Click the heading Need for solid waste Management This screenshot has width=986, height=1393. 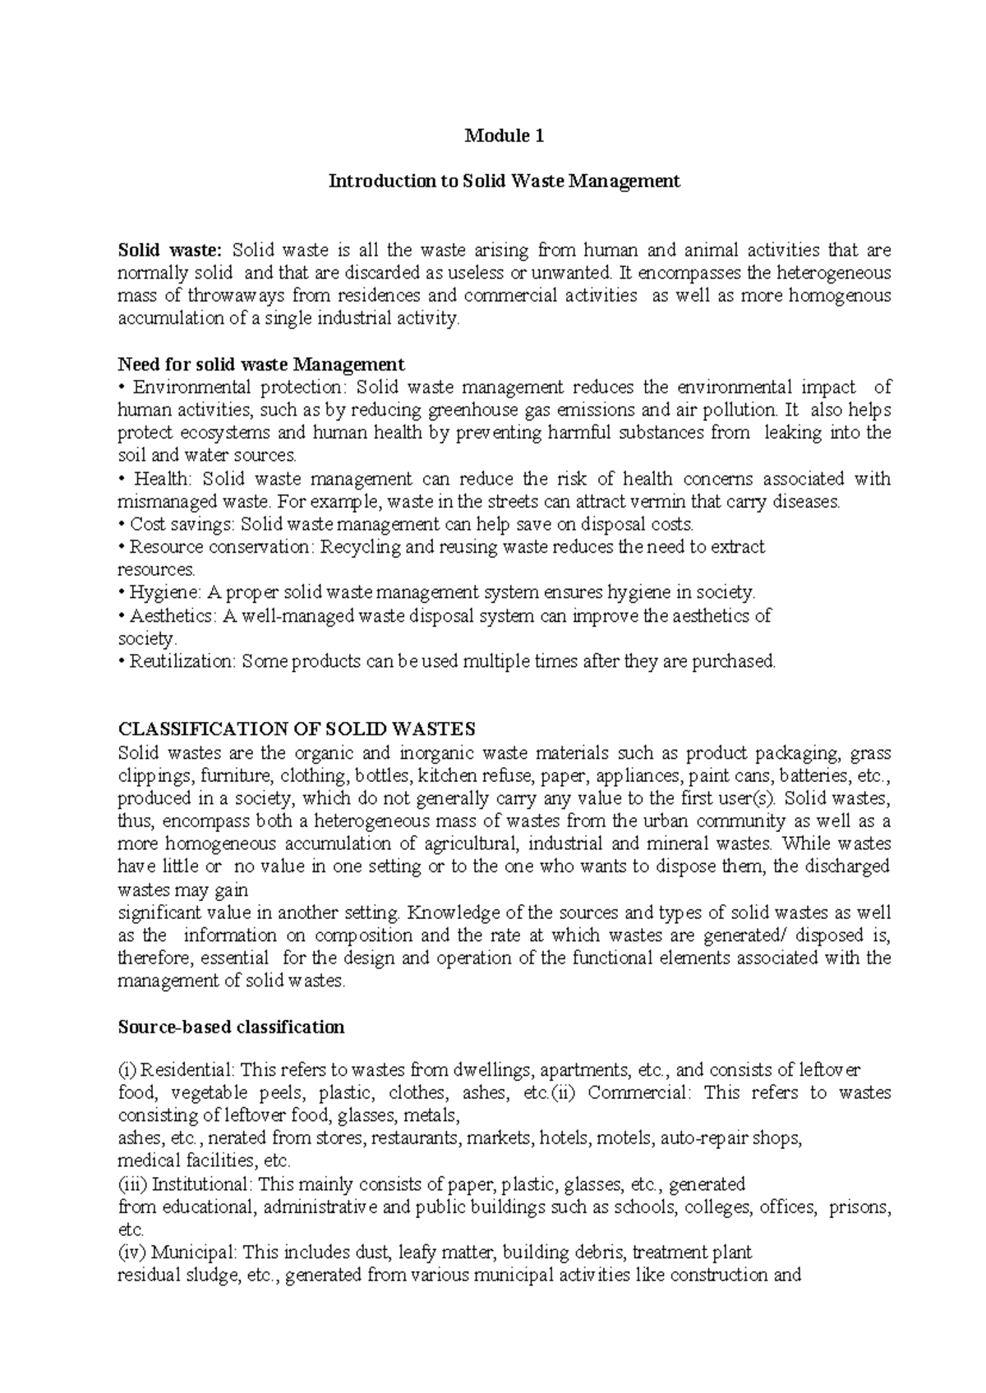(261, 364)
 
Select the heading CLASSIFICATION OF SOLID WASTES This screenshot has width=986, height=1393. (297, 729)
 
